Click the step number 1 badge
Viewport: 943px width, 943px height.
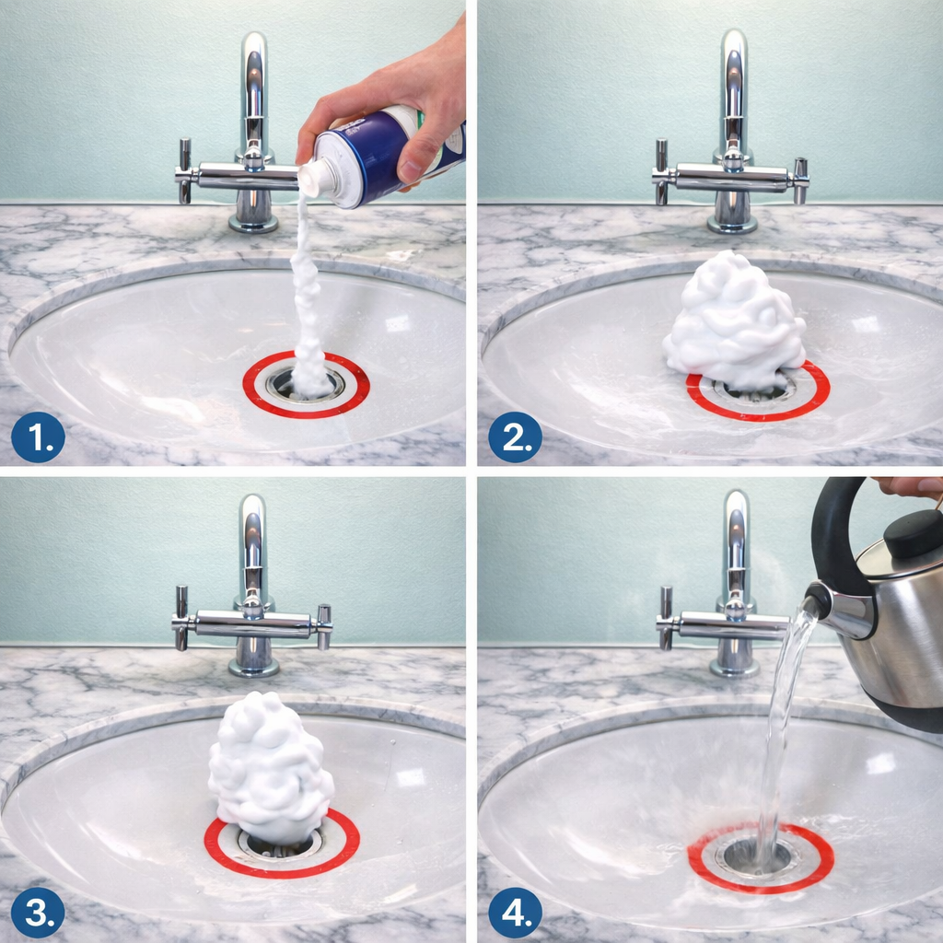coord(38,437)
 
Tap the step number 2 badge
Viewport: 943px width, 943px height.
coord(515,437)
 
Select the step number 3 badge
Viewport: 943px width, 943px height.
coord(38,913)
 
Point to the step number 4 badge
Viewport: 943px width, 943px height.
coord(515,913)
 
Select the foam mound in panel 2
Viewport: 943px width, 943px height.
coord(735,321)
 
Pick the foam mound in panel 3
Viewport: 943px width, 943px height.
coord(270,769)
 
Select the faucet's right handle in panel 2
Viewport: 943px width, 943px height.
coord(800,180)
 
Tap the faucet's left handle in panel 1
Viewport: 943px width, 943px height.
coord(184,170)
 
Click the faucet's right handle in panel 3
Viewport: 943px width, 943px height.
coord(324,626)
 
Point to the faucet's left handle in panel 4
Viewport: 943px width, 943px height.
coord(665,618)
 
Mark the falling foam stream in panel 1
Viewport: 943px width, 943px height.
coord(308,295)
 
